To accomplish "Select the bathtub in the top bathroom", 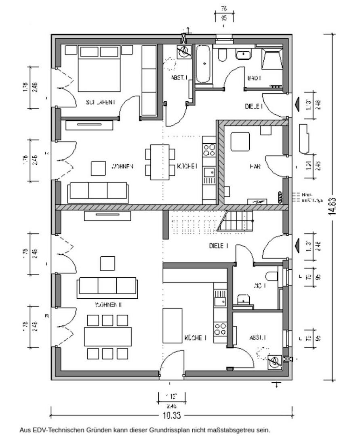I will [x=203, y=64].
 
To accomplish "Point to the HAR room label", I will [x=255, y=166].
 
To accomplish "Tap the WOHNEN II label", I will [x=109, y=304].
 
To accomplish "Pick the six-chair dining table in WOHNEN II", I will [x=108, y=336].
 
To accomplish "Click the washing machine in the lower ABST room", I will [x=275, y=362].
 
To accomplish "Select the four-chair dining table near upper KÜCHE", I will [x=160, y=162].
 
